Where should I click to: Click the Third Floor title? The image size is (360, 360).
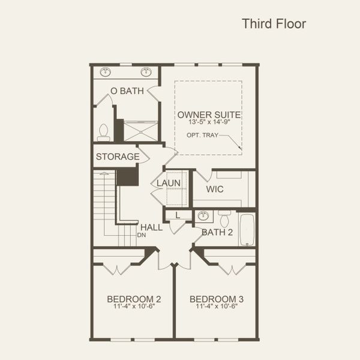click(x=274, y=24)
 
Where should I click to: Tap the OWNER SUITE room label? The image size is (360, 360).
click(x=209, y=115)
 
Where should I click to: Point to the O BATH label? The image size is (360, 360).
click(x=127, y=91)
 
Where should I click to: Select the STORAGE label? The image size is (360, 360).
click(x=118, y=157)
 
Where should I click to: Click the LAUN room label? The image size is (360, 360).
click(x=169, y=183)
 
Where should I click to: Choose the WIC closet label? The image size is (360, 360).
click(x=215, y=189)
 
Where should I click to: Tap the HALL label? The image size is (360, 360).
click(x=152, y=227)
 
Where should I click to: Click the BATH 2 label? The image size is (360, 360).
click(x=217, y=232)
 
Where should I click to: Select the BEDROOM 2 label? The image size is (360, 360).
click(x=134, y=299)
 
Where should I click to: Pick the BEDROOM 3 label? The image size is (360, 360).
click(x=217, y=299)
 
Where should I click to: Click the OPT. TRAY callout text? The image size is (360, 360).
click(x=203, y=136)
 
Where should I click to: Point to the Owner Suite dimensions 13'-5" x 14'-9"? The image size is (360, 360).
click(x=209, y=122)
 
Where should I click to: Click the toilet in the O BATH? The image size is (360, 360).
click(x=103, y=132)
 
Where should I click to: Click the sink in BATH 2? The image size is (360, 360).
click(x=202, y=216)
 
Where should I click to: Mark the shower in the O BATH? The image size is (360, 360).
click(x=140, y=131)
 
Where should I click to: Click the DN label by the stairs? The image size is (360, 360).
click(x=142, y=235)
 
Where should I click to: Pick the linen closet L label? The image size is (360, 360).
click(x=178, y=215)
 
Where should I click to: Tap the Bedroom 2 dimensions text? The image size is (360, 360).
click(x=134, y=307)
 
